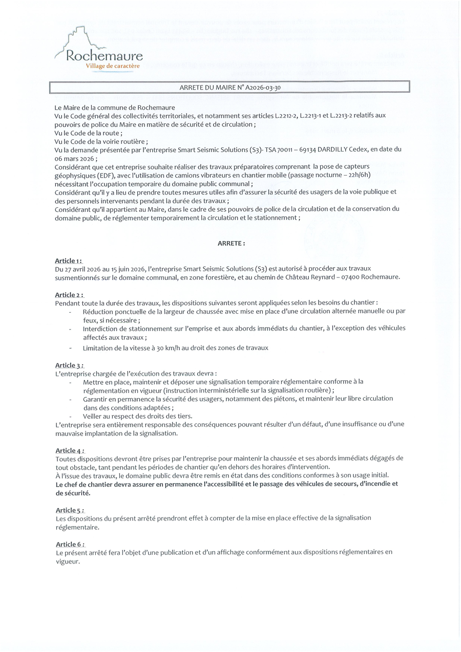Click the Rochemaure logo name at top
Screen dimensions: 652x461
[x=104, y=56]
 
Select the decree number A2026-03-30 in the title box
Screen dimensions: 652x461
[x=263, y=88]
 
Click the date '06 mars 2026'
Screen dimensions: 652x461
[x=75, y=159]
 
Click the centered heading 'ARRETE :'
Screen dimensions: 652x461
[x=232, y=244]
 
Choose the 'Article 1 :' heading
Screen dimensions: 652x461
[x=69, y=261]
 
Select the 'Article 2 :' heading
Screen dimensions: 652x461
[x=69, y=295]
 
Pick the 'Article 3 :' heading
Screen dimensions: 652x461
[x=69, y=365]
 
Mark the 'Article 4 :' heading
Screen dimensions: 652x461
[x=69, y=450]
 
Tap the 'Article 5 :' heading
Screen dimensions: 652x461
[x=69, y=510]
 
